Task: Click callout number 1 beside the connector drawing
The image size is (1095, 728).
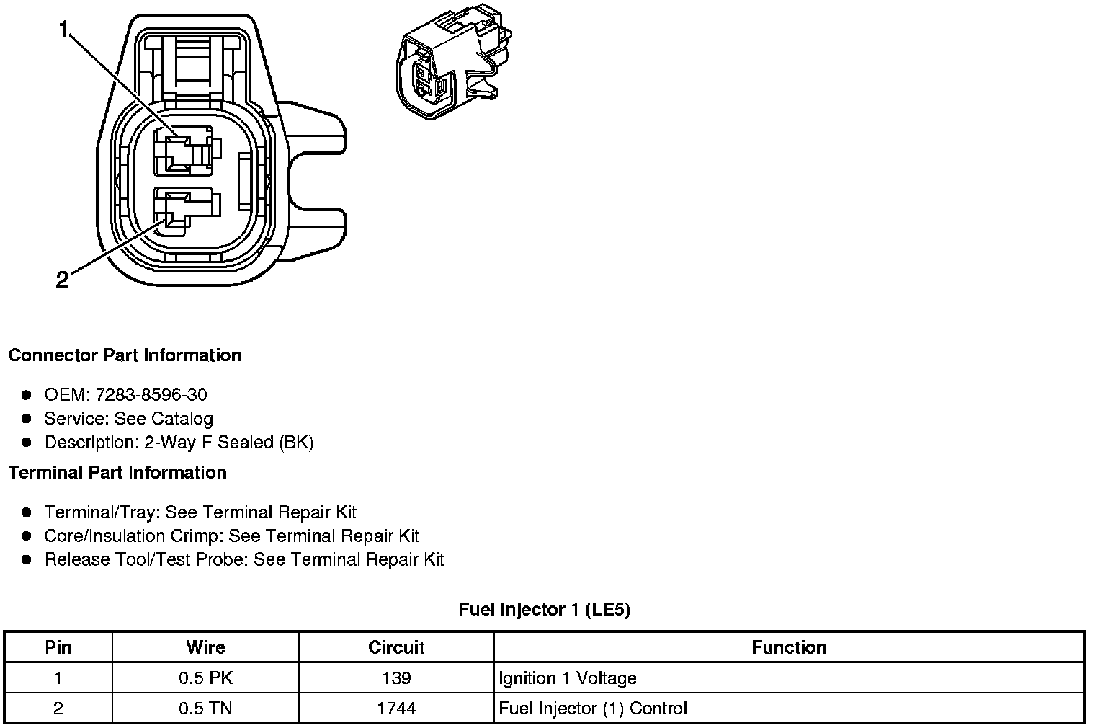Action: [65, 30]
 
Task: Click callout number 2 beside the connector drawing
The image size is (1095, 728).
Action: [63, 280]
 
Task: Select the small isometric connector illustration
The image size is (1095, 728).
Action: [452, 65]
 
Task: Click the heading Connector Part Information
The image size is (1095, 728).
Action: [125, 355]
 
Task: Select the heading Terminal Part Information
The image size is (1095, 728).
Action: [117, 473]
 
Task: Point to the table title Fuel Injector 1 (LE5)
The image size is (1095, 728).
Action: [544, 610]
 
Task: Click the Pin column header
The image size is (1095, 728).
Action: [58, 647]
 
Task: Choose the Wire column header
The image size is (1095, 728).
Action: [205, 647]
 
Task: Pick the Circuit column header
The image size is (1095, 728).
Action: [396, 647]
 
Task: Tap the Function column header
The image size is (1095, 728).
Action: [789, 647]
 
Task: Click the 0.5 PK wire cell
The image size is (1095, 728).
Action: [205, 678]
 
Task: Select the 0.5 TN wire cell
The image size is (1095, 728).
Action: [205, 709]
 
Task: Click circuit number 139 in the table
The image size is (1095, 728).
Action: [396, 678]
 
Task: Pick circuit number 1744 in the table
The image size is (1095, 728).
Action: [396, 709]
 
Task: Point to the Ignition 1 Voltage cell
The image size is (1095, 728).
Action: [568, 678]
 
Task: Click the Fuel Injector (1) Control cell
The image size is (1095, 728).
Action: [593, 709]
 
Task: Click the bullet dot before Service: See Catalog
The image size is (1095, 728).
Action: [27, 418]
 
